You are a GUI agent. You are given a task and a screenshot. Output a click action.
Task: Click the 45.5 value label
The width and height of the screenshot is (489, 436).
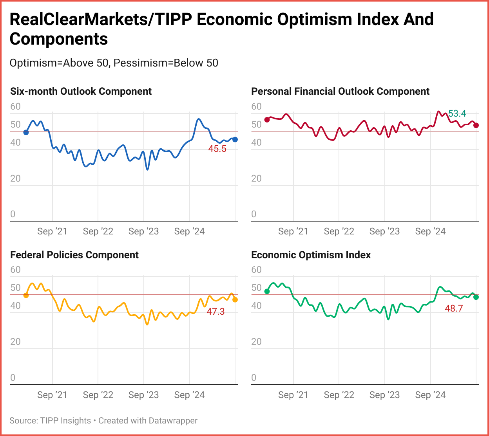click(217, 149)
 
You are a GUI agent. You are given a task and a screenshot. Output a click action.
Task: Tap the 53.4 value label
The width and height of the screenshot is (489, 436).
click(457, 114)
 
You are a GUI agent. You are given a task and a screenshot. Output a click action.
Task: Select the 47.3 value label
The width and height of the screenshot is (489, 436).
click(216, 312)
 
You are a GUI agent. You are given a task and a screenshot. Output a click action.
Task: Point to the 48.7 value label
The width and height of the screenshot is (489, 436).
click(454, 308)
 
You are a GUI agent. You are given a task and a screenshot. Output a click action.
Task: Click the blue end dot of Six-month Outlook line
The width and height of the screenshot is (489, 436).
click(235, 139)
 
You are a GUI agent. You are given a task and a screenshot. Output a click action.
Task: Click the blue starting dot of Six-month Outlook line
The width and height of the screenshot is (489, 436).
click(26, 132)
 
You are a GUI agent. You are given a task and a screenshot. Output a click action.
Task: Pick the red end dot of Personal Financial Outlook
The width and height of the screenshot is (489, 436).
click(476, 125)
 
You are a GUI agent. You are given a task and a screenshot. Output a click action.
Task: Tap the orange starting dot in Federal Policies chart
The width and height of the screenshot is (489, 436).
click(26, 295)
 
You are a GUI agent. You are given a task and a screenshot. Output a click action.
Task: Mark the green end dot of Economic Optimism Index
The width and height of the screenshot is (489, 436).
click(476, 297)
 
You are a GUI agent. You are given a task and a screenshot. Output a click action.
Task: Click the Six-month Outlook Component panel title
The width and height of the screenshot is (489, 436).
click(81, 92)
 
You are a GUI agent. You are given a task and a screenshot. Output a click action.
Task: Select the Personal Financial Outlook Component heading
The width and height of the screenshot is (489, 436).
click(340, 92)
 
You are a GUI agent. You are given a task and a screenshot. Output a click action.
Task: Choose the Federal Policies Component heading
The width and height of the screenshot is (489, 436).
click(74, 255)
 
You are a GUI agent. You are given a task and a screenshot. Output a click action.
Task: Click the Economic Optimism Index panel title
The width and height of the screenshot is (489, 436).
click(311, 255)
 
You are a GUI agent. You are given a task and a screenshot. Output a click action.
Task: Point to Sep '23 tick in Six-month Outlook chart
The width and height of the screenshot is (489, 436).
click(143, 232)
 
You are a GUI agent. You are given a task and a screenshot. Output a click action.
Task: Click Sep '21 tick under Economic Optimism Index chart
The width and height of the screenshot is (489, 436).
click(293, 395)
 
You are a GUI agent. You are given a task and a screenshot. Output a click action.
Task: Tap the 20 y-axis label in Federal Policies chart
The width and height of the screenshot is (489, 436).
click(15, 342)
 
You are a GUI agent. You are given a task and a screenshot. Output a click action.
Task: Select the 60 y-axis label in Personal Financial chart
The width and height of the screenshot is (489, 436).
click(256, 106)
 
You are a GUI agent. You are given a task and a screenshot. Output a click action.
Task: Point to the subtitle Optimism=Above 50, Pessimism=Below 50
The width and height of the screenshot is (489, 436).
click(114, 63)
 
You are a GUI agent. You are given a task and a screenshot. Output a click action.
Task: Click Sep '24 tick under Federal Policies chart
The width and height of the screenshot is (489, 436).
click(189, 395)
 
